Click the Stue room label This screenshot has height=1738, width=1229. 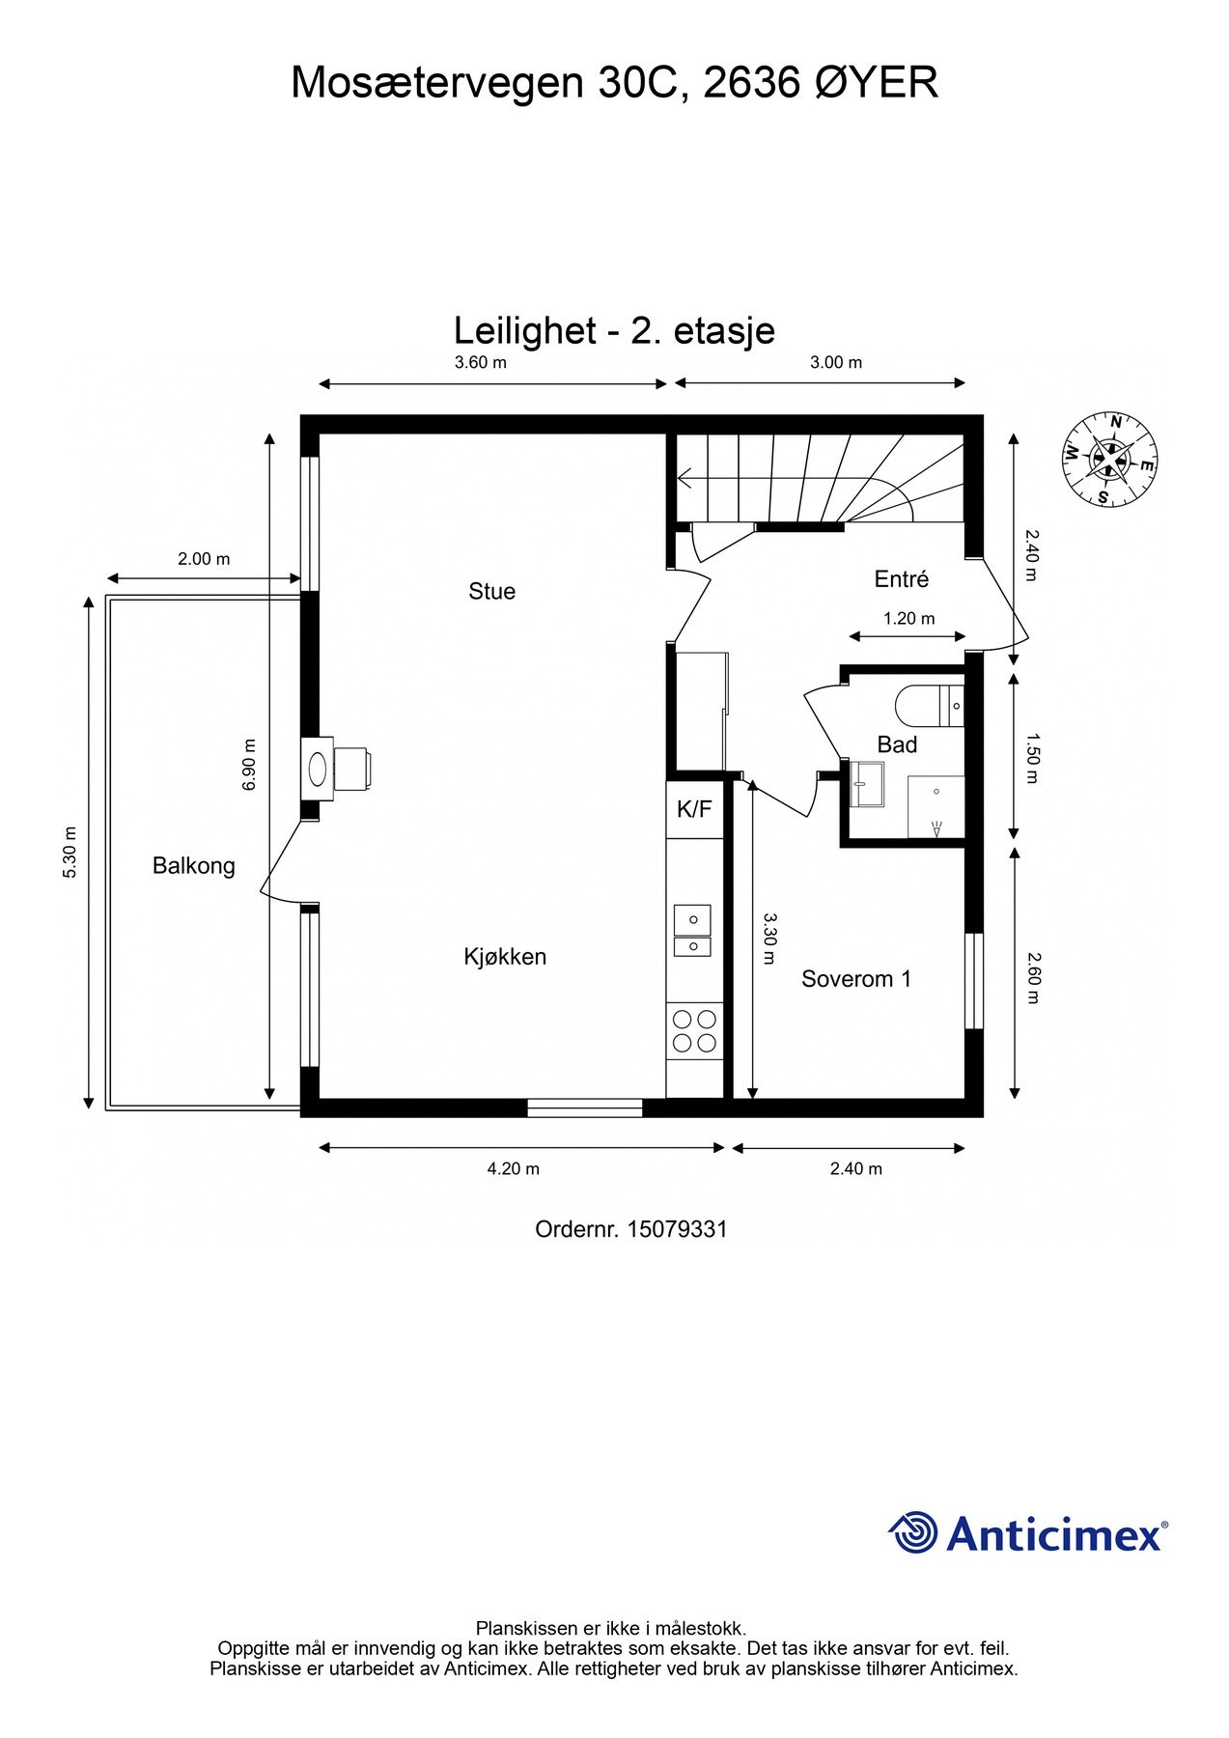coord(491,591)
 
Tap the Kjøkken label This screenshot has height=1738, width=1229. coord(505,957)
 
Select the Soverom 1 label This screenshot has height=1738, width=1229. coord(856,979)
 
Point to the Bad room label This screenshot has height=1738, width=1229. coord(897,744)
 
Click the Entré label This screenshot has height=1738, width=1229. coord(901,578)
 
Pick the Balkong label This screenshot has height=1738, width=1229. coord(194,866)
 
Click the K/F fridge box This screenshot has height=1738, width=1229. coord(694,809)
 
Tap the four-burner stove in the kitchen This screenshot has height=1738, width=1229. coord(695,1030)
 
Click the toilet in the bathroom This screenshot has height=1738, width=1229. coord(929,706)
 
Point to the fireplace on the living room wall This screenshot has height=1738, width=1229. coord(335,769)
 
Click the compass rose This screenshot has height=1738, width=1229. coord(1109,459)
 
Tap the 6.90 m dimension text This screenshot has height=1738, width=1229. coord(250,765)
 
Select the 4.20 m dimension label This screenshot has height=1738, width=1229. coord(514,1168)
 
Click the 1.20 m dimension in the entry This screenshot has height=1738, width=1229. coord(909,618)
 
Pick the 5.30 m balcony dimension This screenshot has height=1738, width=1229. coord(70,853)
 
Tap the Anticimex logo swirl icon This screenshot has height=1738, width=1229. coord(913,1532)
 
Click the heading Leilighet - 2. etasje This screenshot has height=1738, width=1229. coord(615,331)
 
